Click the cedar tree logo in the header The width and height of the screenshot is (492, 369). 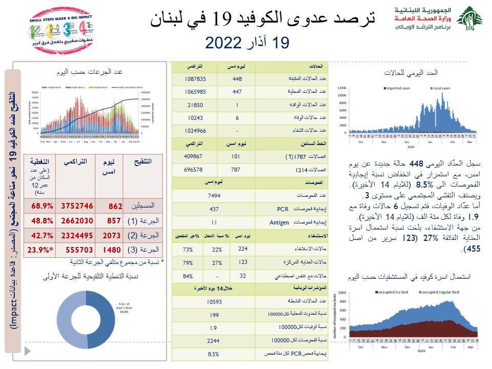(x=469, y=19)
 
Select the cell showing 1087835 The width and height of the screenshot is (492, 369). (x=195, y=79)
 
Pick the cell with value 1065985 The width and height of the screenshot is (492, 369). (x=195, y=92)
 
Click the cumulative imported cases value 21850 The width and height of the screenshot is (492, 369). (x=195, y=105)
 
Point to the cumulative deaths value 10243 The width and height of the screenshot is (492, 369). (x=195, y=118)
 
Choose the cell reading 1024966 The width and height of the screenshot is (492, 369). (x=195, y=131)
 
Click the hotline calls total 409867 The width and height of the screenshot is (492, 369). (x=195, y=156)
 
